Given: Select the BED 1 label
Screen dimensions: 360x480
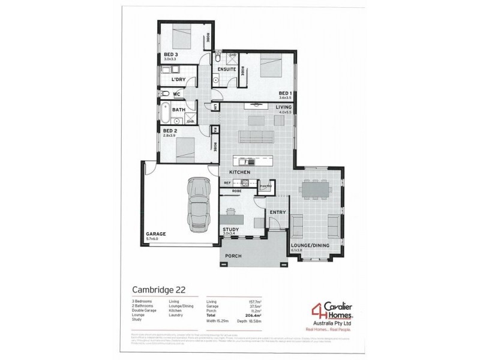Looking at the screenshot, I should click(285, 94).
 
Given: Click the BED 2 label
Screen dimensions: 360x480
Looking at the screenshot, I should click(170, 130).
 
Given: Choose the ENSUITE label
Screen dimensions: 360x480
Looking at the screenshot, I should click(227, 69).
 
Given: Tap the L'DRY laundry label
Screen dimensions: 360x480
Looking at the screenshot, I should click(178, 79).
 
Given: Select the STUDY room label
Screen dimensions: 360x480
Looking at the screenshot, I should click(231, 229).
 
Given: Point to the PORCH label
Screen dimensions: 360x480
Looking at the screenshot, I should click(233, 256).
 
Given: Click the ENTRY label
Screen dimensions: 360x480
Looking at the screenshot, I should click(277, 212).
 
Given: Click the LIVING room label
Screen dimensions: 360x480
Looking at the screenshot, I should click(283, 107).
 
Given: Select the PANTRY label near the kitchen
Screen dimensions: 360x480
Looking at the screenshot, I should click(266, 185).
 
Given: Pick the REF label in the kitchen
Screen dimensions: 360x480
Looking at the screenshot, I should click(227, 182).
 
